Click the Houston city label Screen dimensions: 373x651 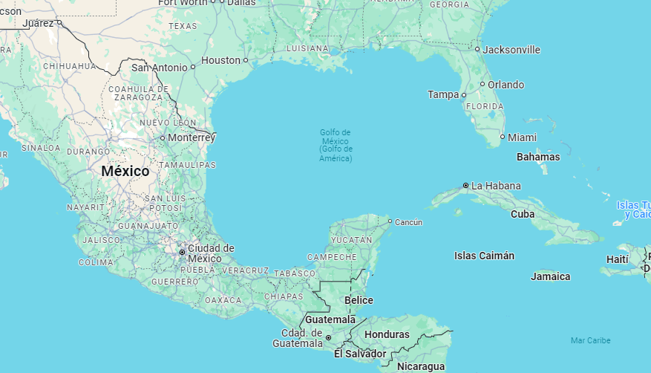221,60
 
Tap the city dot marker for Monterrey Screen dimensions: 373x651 163,137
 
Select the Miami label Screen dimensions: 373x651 523,137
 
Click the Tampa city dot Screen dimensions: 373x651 463,95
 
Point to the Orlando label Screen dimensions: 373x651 506,85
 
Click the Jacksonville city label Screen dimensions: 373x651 511,50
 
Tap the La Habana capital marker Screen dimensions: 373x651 465,185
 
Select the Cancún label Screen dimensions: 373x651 408,222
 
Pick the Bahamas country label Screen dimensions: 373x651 538,157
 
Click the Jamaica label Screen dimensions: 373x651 551,276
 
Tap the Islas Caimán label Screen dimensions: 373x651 484,256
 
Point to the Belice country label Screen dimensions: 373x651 359,300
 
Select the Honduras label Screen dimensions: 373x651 387,334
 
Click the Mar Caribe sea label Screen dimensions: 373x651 590,340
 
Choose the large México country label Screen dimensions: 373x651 125,171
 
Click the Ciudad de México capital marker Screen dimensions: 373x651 182,253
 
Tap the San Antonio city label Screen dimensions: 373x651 160,68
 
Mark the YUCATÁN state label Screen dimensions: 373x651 351,240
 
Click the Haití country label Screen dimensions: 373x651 617,259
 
